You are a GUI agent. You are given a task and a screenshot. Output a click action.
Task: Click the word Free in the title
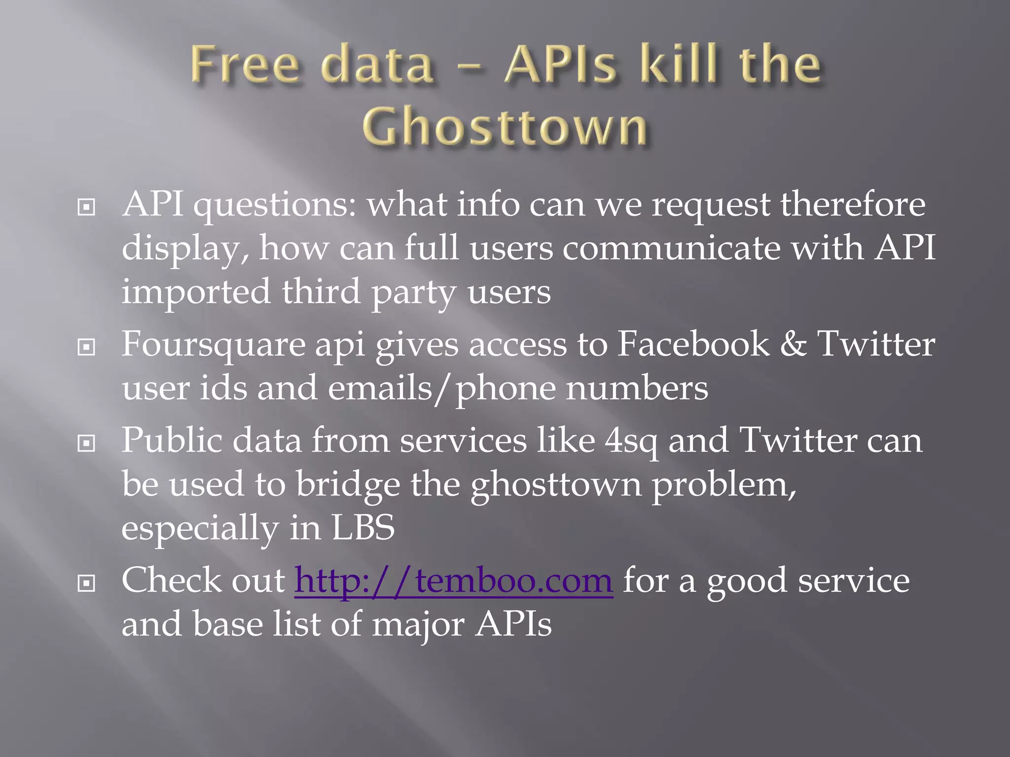point(245,65)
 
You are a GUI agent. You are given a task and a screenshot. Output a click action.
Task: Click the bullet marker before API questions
point(86,207)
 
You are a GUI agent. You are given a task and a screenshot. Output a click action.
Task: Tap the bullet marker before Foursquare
point(86,347)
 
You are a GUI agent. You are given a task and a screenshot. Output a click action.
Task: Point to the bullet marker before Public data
point(86,444)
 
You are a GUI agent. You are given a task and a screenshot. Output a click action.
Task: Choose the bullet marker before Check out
point(86,584)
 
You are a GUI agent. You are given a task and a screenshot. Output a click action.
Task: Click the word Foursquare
point(213,345)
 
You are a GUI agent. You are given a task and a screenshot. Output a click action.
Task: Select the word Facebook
point(693,344)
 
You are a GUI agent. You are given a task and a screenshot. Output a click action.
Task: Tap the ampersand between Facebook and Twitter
point(793,344)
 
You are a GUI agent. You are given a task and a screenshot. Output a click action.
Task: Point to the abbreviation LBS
point(363,528)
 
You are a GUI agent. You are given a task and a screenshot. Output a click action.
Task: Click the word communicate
point(672,248)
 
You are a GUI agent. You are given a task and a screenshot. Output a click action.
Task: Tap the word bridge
point(348,485)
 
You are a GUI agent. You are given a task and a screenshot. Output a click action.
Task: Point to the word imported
point(196,292)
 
